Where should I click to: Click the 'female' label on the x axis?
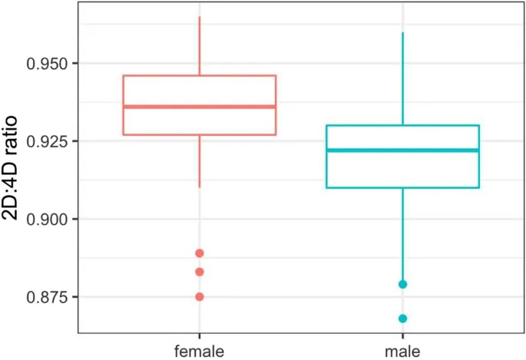[200, 351]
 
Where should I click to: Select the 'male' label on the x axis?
[402, 351]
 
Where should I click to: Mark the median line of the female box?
[200, 107]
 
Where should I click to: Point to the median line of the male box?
[402, 150]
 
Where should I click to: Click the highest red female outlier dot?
[200, 253]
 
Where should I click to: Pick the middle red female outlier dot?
[200, 272]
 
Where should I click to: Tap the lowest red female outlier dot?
[200, 296]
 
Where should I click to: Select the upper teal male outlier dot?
[402, 285]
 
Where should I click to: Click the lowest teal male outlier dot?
[402, 319]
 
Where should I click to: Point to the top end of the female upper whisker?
[200, 17]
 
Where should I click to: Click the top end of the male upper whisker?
[402, 33]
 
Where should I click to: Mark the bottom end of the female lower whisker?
[200, 187]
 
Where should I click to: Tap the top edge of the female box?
[200, 76]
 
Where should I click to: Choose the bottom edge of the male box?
[402, 187]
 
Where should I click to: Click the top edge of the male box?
[402, 125]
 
